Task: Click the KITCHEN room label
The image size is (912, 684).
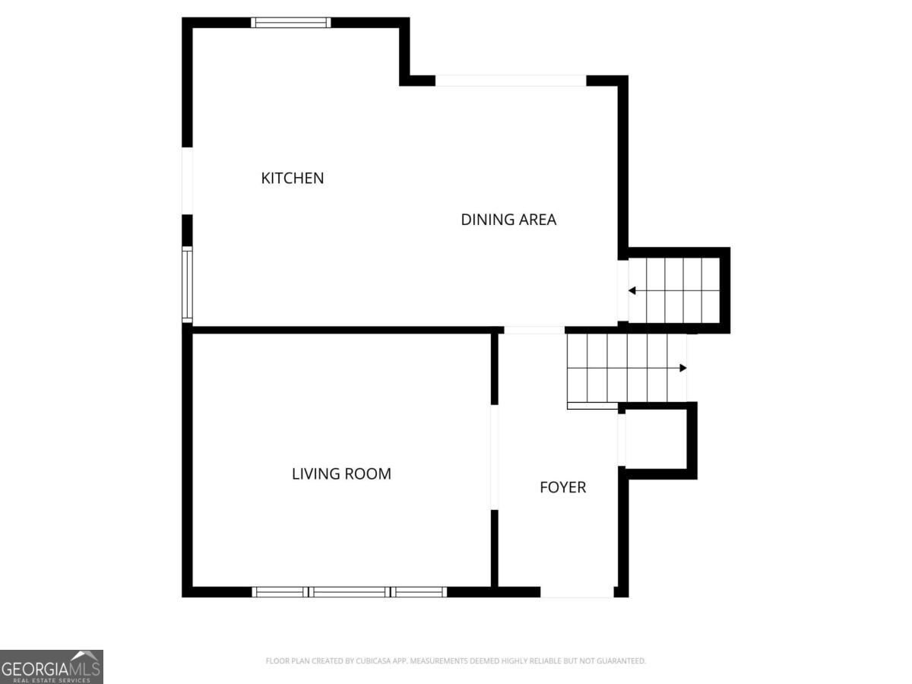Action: point(292,178)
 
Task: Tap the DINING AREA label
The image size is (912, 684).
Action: point(508,220)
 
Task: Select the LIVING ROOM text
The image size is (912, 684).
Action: point(341,473)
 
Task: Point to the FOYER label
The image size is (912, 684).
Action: point(562,487)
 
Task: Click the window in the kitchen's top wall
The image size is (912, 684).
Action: point(291,23)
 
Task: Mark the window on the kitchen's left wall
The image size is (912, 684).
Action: point(188,284)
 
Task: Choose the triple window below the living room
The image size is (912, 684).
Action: point(350,592)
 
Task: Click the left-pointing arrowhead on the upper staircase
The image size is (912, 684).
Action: point(632,291)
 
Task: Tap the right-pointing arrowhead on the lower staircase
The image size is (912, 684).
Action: point(682,368)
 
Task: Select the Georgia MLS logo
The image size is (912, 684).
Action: point(52,667)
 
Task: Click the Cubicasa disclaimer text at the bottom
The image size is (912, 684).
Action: point(455,660)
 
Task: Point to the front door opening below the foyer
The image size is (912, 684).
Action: point(577,592)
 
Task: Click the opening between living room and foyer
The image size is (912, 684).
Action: point(495,458)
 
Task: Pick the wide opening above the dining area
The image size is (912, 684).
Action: point(511,81)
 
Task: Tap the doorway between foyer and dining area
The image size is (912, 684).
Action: point(534,330)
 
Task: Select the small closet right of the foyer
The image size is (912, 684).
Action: point(656,441)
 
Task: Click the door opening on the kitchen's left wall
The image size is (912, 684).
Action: point(188,181)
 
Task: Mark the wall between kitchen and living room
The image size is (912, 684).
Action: point(343,330)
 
